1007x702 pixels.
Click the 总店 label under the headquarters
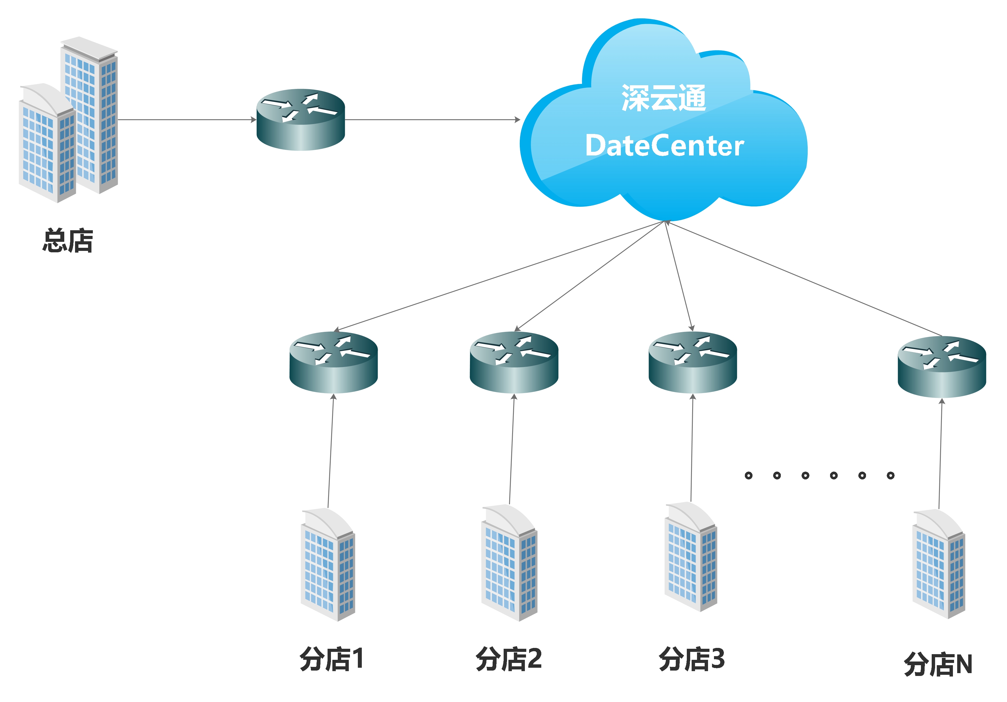(68, 240)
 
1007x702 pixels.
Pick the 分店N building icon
(938, 564)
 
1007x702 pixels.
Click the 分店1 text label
(332, 659)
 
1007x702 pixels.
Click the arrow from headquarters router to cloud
(432, 119)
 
